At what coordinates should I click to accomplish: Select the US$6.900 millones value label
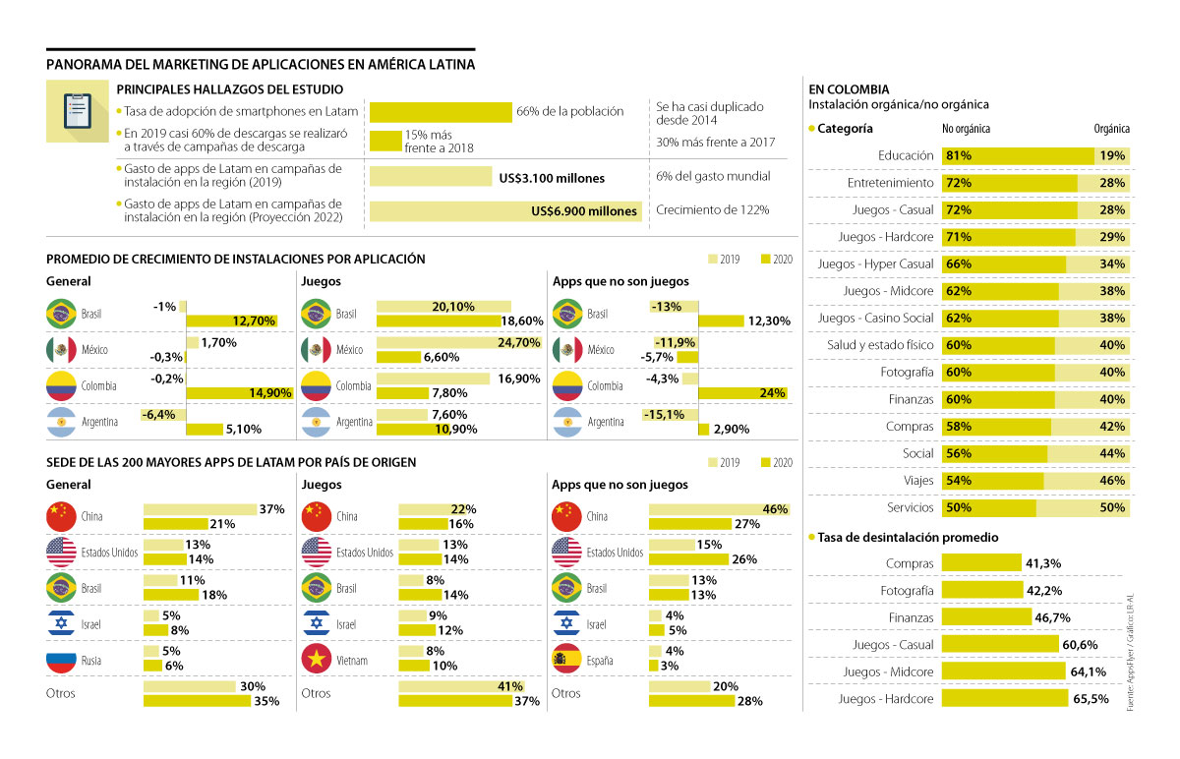click(x=584, y=210)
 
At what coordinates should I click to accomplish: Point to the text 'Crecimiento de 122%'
click(x=712, y=210)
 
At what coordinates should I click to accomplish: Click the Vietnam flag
click(x=317, y=661)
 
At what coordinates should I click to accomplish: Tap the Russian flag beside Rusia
click(x=61, y=661)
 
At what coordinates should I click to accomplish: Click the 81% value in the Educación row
click(x=958, y=155)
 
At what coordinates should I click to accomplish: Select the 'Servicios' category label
click(x=905, y=508)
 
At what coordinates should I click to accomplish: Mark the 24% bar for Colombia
click(x=742, y=393)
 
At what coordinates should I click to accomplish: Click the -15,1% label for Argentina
click(x=664, y=414)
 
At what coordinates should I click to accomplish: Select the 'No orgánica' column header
click(x=966, y=129)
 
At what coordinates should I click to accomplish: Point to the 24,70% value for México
click(x=516, y=342)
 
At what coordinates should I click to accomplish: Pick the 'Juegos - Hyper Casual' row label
click(x=875, y=264)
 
